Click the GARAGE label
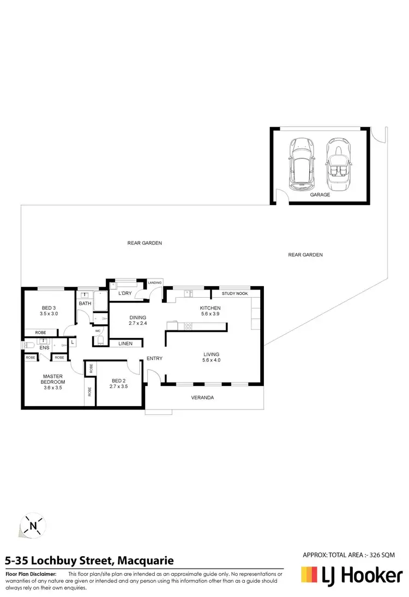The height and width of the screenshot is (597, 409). coord(320,195)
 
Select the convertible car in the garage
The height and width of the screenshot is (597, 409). coord(338,163)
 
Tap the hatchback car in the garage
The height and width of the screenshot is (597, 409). coord(301,163)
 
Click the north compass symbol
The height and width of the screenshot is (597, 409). coord(33,526)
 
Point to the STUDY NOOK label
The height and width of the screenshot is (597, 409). coord(234,294)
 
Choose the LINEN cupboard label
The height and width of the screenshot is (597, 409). coord(125,343)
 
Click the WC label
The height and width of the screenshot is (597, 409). coord(98,330)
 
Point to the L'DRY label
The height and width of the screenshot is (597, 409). coord(126,294)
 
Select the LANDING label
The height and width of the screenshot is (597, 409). coord(155,282)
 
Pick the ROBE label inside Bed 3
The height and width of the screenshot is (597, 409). coord(40,332)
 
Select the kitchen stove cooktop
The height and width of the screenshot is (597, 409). coord(188,326)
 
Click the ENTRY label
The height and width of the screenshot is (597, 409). coord(154,358)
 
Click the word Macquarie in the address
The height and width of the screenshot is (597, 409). coord(146,560)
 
